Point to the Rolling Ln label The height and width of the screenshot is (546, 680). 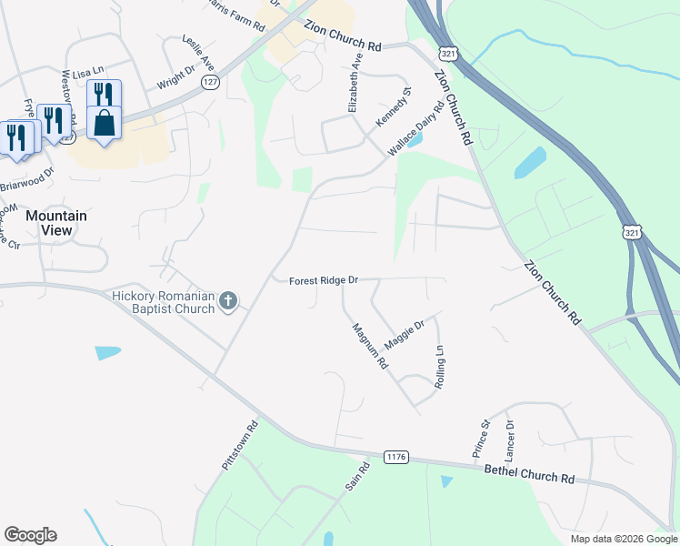coord(440,368)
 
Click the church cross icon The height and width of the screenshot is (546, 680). coord(228,300)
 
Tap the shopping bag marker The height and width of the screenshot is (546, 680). coord(105,123)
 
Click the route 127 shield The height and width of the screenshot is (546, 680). coord(211,82)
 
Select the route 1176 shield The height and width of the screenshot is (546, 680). coord(395,456)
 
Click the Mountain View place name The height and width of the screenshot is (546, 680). coord(55,223)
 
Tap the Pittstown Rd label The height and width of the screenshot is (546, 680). coord(241,444)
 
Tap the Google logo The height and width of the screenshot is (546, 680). coord(30,535)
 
